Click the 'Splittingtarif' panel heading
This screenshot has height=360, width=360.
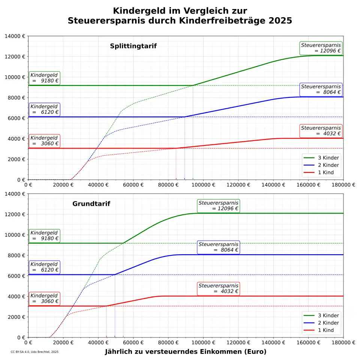click(133, 46)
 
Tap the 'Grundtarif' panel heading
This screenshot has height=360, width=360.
click(91, 204)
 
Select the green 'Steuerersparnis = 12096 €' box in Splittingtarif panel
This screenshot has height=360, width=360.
click(321, 48)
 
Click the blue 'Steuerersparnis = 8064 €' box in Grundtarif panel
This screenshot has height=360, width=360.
click(218, 247)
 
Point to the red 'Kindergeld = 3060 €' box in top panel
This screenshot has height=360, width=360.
click(44, 141)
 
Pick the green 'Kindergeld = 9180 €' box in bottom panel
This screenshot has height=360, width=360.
click(44, 235)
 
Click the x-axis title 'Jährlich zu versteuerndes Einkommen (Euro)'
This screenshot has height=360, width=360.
click(185, 352)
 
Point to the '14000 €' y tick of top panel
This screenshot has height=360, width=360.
click(15, 36)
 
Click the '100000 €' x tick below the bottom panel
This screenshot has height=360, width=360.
click(203, 343)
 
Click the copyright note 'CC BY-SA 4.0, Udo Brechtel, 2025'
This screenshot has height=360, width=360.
click(34, 352)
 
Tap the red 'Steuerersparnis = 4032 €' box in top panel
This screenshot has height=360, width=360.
click(321, 130)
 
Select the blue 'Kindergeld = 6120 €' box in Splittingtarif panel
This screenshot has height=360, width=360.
click(44, 109)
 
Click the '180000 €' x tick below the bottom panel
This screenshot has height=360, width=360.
click(343, 343)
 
